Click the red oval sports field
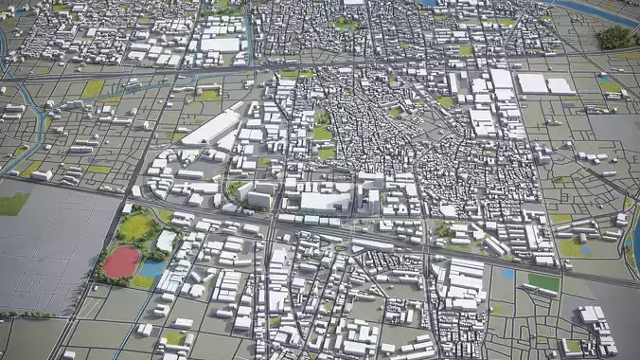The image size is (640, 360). (x=122, y=261)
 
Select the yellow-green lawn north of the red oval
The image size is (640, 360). (x=137, y=226)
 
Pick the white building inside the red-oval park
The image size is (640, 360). (x=167, y=242)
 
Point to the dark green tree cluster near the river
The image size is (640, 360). (x=614, y=37)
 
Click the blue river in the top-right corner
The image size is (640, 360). (x=596, y=11)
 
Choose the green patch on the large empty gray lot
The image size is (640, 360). (x=12, y=204)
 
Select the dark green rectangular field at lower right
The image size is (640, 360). (x=543, y=282)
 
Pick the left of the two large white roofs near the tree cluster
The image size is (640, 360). (x=533, y=83)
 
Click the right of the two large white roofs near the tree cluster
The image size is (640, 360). (x=560, y=85)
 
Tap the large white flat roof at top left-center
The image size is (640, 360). (x=221, y=44)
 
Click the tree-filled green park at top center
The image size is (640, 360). (x=347, y=24)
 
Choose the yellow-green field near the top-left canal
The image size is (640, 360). (x=93, y=88)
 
